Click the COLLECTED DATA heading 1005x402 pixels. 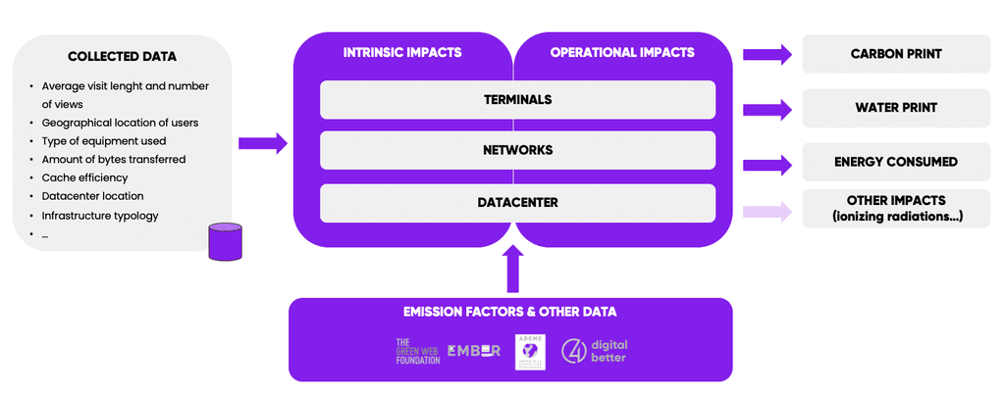click(x=122, y=57)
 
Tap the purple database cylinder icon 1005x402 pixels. click(x=225, y=242)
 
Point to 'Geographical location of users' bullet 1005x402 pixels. click(x=120, y=123)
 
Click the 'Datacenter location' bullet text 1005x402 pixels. click(x=92, y=196)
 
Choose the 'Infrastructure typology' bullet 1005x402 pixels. click(x=100, y=215)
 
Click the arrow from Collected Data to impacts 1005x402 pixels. click(x=262, y=143)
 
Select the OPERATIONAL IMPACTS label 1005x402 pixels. click(x=622, y=52)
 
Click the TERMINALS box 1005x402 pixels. click(x=517, y=99)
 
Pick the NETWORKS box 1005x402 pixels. click(x=517, y=150)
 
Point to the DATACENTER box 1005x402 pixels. click(x=517, y=202)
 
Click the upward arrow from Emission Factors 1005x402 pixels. click(x=512, y=269)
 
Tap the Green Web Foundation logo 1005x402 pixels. click(x=417, y=351)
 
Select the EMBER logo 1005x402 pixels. click(x=473, y=350)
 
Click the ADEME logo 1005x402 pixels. click(x=530, y=351)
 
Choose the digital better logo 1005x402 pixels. click(x=594, y=351)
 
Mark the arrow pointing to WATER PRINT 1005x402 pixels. click(x=767, y=107)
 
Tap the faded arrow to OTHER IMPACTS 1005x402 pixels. click(x=767, y=209)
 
